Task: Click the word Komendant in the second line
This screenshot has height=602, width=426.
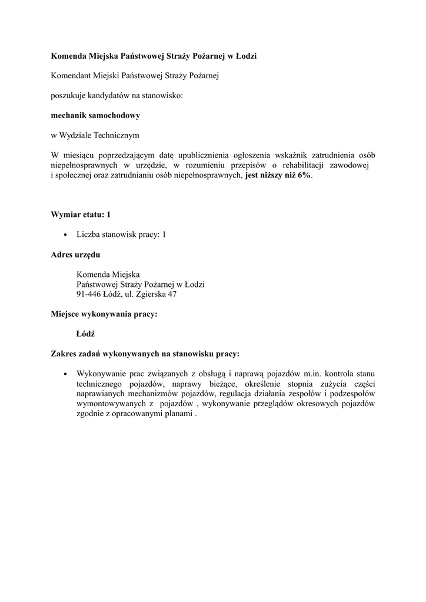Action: pyautogui.click(x=72, y=75)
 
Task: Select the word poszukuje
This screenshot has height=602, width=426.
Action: pyautogui.click(x=68, y=95)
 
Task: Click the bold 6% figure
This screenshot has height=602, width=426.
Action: pyautogui.click(x=304, y=175)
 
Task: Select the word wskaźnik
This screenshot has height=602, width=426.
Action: pyautogui.click(x=286, y=155)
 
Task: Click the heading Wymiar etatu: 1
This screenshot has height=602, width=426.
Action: pyautogui.click(x=81, y=215)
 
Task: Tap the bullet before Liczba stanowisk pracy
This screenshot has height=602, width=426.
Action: pyautogui.click(x=65, y=235)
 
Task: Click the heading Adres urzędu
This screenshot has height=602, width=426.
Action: pyautogui.click(x=75, y=255)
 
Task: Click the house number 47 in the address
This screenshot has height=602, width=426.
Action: pyautogui.click(x=172, y=294)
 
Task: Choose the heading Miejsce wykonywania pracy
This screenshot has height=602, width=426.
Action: pyautogui.click(x=104, y=314)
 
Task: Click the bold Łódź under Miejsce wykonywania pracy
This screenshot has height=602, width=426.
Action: pyautogui.click(x=86, y=334)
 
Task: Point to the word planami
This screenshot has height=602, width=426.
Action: pyautogui.click(x=178, y=413)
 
